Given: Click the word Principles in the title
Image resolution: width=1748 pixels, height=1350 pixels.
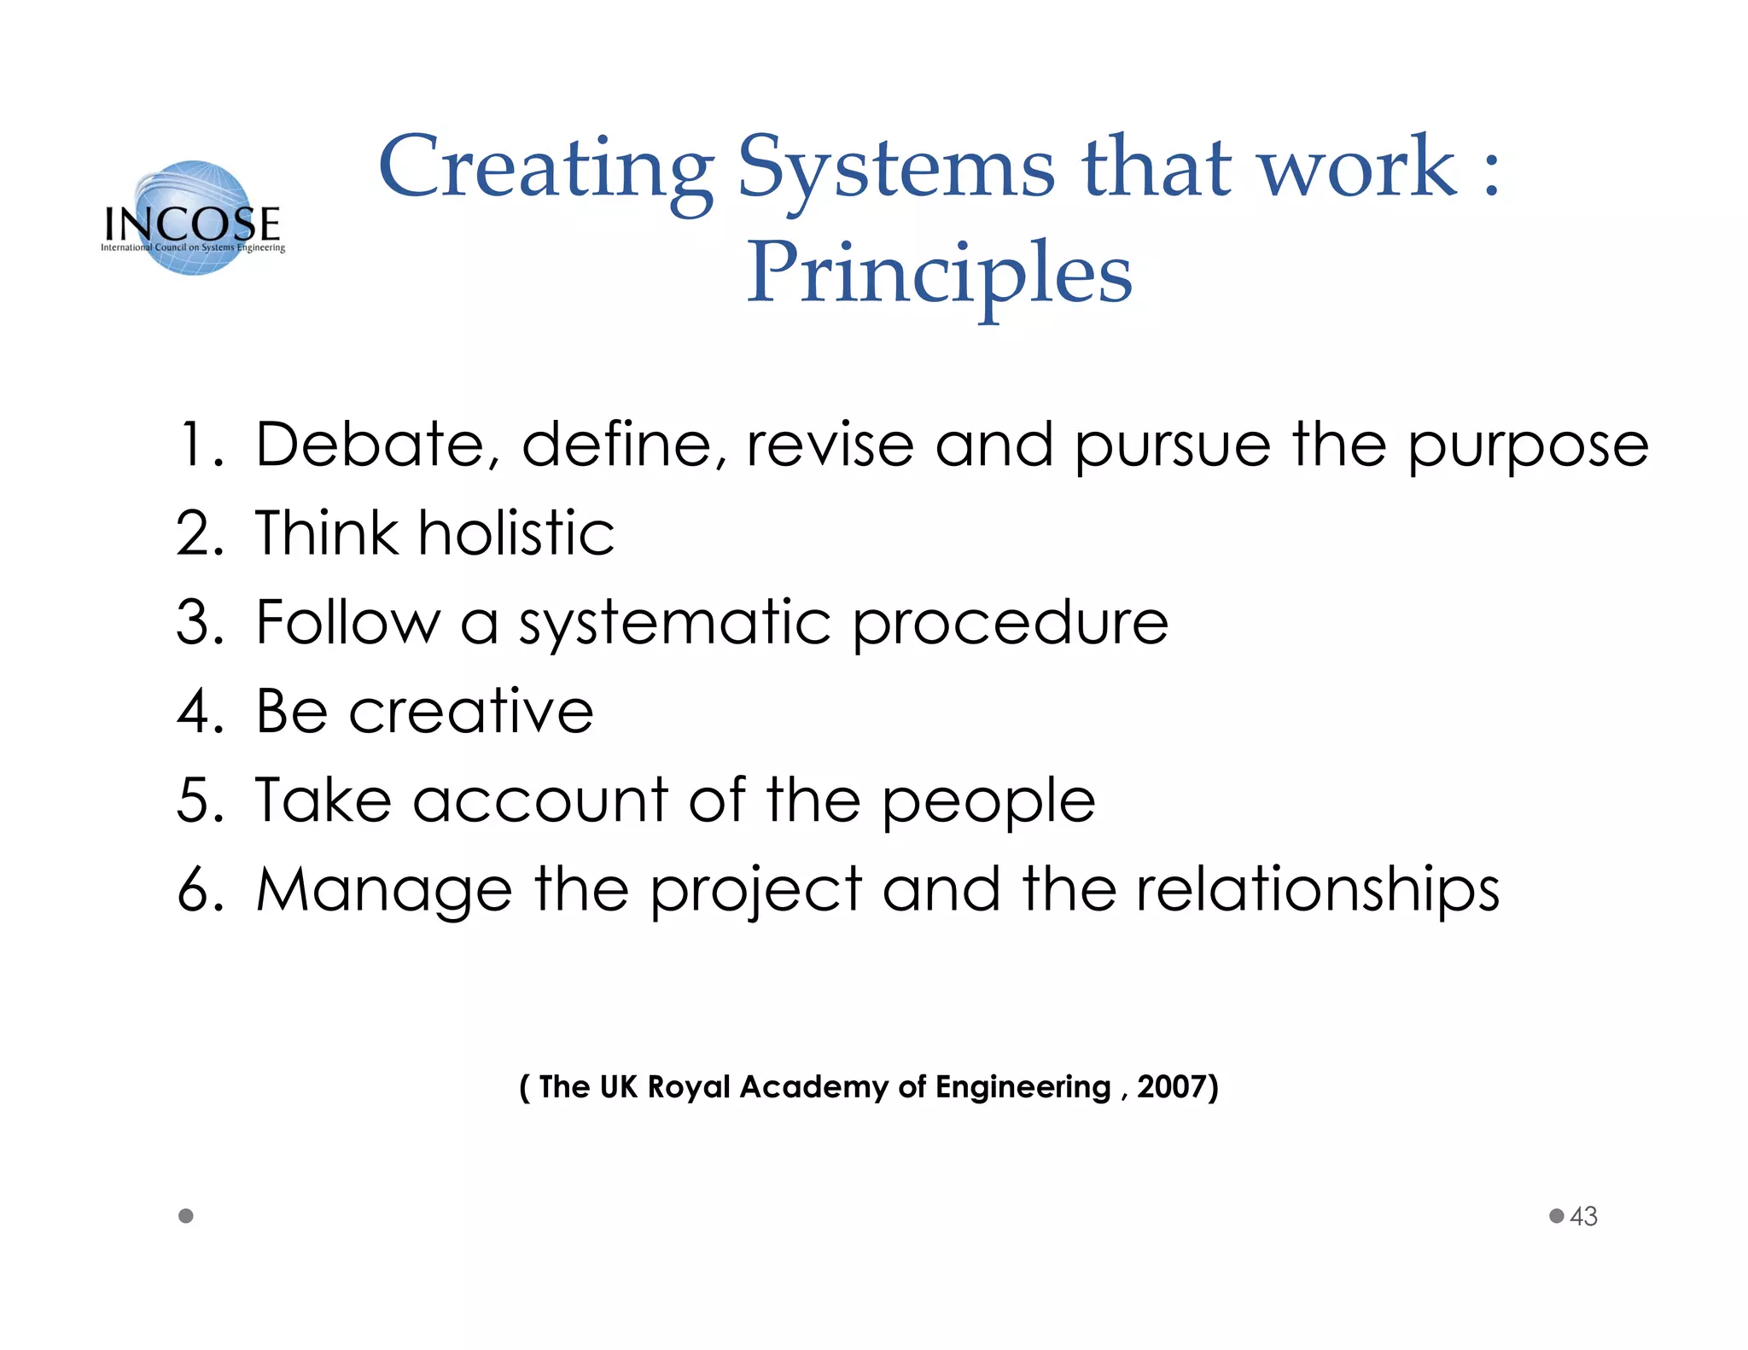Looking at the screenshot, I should (x=939, y=273).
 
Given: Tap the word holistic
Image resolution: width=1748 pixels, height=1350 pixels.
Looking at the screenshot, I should (x=516, y=533).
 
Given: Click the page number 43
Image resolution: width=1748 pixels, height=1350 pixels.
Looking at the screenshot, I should (x=1583, y=1216).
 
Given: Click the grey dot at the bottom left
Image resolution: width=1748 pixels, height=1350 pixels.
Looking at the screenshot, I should (x=186, y=1216).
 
